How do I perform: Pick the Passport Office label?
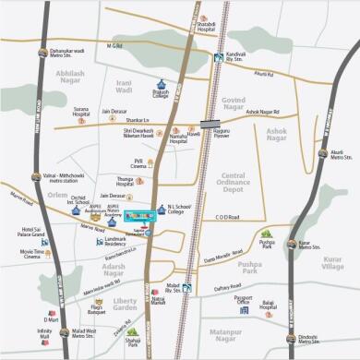click(x=244, y=300)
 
